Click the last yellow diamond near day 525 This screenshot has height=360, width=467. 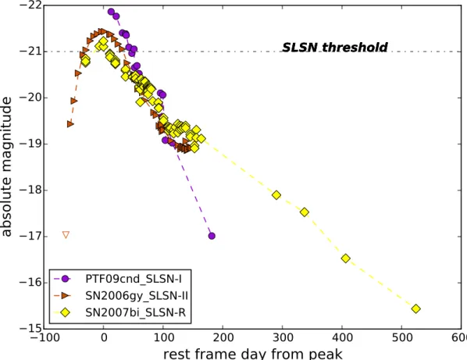point(416,308)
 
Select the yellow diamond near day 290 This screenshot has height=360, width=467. point(276,195)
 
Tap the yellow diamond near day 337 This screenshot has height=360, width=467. point(305,212)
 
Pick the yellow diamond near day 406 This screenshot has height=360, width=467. point(345,258)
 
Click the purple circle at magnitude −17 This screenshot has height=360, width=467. point(212,236)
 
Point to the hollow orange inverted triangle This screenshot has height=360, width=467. point(66,235)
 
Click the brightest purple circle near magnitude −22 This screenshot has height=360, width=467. point(111,12)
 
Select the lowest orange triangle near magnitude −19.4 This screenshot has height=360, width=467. point(70,124)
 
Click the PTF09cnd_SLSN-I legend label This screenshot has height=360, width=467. point(134,279)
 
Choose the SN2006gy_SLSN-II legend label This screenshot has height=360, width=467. point(137,296)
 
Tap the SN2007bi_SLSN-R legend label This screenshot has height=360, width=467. point(136,312)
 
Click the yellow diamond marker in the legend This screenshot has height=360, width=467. point(65,312)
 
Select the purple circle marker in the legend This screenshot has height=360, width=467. point(66,279)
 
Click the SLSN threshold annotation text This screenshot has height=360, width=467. point(335,48)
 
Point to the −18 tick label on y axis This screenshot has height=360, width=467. point(30,191)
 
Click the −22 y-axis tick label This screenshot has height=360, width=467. point(30,5)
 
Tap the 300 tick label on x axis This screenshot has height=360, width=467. point(282,337)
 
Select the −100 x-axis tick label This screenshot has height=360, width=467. point(43,337)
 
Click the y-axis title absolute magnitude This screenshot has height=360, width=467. point(6,167)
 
